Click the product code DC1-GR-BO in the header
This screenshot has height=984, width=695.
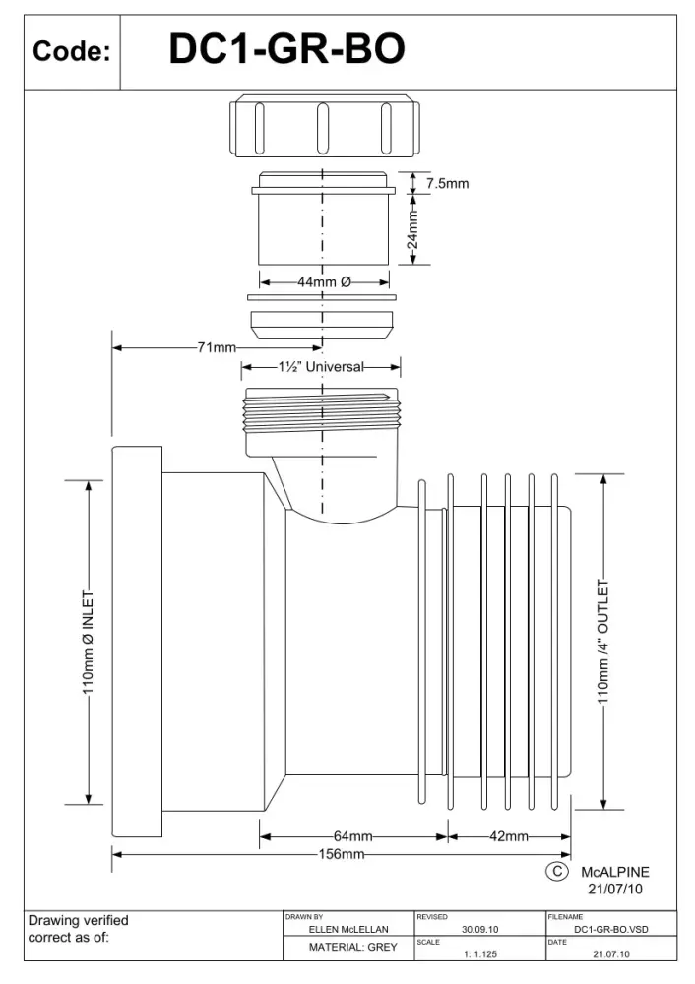286,49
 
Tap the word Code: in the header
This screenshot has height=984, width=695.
72,51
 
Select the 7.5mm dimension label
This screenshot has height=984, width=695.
448,183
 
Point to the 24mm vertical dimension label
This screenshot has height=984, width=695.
411,229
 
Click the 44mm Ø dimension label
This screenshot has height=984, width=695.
324,281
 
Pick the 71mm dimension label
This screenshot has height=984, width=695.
217,347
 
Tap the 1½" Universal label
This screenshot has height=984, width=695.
321,366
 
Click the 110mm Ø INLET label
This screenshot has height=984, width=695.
88,642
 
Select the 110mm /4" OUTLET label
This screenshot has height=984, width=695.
602,642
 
